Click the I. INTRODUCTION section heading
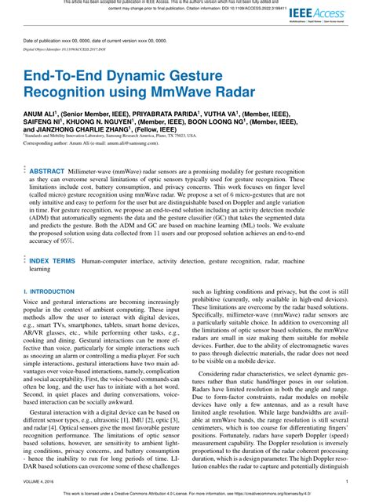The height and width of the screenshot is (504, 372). click(x=49, y=291)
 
